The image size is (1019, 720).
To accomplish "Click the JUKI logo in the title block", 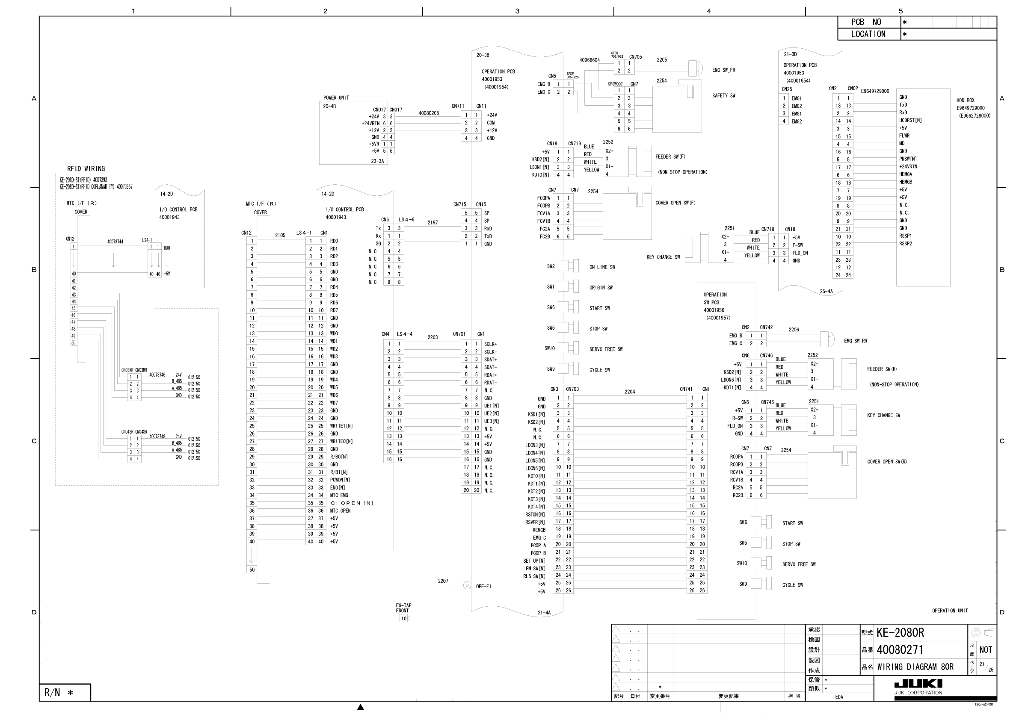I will (918, 684).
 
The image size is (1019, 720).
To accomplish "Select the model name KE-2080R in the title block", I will (900, 633).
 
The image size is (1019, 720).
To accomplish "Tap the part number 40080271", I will (900, 650).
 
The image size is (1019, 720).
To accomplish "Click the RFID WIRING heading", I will (86, 168).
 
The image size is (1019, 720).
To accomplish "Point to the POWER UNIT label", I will (336, 97).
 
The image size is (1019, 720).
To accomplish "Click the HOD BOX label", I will (965, 100).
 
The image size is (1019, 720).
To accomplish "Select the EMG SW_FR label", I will (723, 70).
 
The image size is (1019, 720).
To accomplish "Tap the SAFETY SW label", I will (723, 95).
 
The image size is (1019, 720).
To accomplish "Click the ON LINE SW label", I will (602, 267).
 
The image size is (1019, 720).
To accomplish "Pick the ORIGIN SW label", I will (601, 287).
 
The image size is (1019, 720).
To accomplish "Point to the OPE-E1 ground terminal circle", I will (467, 586).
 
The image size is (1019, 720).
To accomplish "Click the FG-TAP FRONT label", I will (403, 608).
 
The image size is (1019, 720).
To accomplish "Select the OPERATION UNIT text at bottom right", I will (950, 611).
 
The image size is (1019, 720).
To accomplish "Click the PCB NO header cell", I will (868, 22).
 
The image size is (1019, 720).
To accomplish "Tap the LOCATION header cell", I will (868, 34).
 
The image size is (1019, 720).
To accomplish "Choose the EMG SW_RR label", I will (855, 341).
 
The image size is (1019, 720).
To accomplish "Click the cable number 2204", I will (629, 392).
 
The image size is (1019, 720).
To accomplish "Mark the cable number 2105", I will (280, 235).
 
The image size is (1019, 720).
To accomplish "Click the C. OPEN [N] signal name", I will (352, 503).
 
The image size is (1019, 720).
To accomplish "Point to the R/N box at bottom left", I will (65, 693).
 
